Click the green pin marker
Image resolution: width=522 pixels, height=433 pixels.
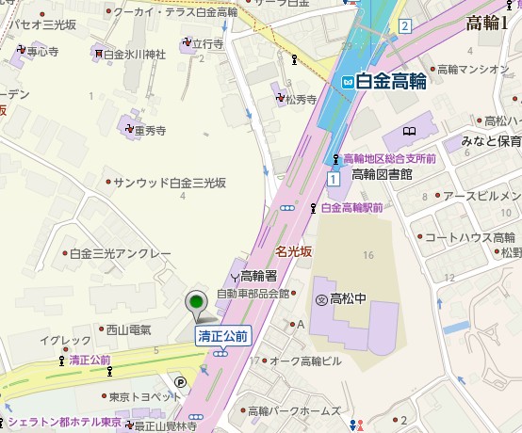click(196, 304)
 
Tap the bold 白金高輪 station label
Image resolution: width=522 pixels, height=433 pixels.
click(391, 82)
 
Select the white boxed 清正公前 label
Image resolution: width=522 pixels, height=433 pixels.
click(222, 335)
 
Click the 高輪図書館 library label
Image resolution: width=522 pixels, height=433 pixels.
click(382, 174)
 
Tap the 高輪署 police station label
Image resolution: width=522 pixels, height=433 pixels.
click(258, 276)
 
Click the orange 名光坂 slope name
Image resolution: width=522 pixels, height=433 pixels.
click(293, 252)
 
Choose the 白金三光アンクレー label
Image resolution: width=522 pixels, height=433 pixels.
click(120, 254)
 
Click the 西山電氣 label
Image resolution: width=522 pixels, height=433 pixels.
click(128, 329)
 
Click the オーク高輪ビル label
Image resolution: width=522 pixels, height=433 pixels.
click(308, 361)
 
